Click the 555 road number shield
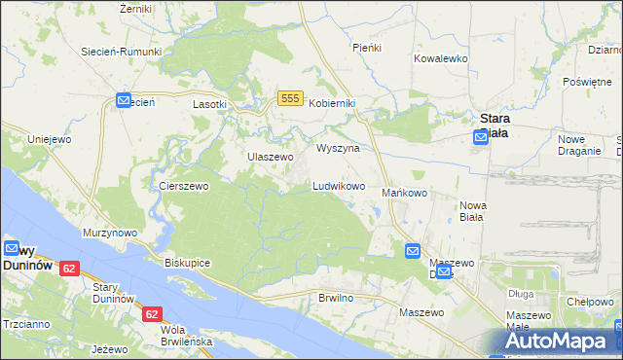289,98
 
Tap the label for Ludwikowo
339,185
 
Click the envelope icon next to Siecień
124,100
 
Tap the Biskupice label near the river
188,263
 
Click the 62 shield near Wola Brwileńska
151,314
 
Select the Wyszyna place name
339,148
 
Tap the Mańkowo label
404,193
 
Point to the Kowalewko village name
441,58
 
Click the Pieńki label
367,47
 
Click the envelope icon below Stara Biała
481,138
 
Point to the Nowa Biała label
472,211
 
